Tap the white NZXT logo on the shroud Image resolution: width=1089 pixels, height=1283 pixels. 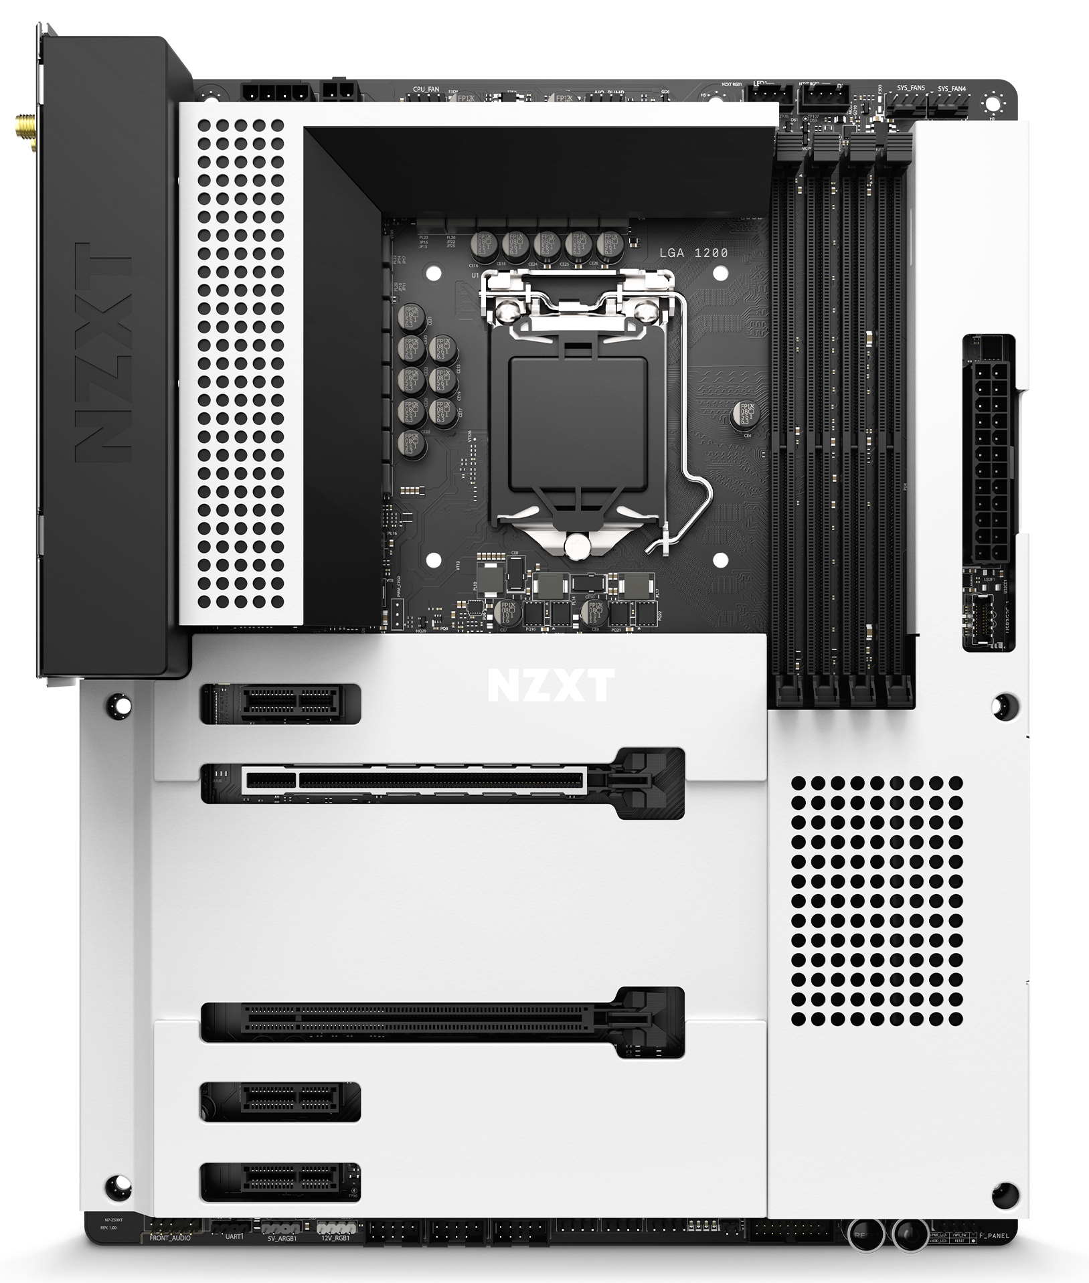[550, 685]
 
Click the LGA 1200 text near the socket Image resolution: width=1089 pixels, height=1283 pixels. [693, 253]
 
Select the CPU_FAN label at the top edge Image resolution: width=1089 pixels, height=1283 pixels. [426, 89]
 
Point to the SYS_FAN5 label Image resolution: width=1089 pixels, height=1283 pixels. [911, 88]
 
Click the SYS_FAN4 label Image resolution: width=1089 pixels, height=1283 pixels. [951, 88]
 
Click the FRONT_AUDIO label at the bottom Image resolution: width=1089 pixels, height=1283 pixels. [170, 1237]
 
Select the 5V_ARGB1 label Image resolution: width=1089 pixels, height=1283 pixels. [280, 1238]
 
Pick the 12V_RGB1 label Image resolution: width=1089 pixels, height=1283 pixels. [334, 1238]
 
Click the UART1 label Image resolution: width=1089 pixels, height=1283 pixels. [234, 1237]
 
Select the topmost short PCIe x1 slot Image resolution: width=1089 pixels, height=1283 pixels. [281, 703]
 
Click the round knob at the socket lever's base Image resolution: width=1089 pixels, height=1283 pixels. [576, 547]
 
